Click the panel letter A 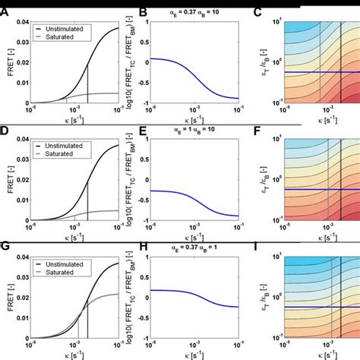(5, 13)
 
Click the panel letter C (258, 13)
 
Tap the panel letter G (5, 248)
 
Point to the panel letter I (258, 248)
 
